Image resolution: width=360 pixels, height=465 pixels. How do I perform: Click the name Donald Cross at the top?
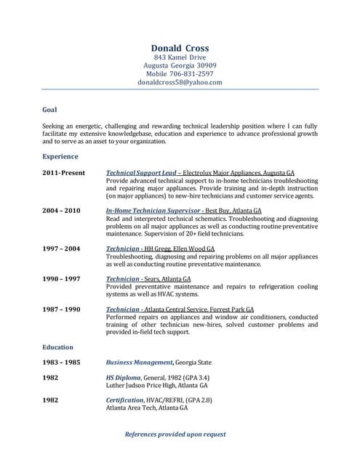pyautogui.click(x=180, y=48)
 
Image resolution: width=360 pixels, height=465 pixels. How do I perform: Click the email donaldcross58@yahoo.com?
pyautogui.click(x=180, y=83)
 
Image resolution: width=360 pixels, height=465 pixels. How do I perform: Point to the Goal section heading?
pyautogui.click(x=49, y=110)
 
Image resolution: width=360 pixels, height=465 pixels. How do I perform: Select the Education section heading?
pyautogui.click(x=57, y=347)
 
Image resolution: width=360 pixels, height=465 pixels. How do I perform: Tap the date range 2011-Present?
pyautogui.click(x=63, y=173)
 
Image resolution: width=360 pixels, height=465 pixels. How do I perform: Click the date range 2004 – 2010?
pyautogui.click(x=61, y=211)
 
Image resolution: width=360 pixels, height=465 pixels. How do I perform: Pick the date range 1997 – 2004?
pyautogui.click(x=61, y=248)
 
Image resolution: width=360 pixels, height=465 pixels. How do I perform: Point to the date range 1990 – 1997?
pyautogui.click(x=61, y=279)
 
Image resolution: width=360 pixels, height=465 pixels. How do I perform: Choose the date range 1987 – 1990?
pyautogui.click(x=61, y=310)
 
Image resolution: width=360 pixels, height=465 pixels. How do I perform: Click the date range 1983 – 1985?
pyautogui.click(x=61, y=362)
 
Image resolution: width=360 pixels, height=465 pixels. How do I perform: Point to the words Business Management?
pyautogui.click(x=140, y=362)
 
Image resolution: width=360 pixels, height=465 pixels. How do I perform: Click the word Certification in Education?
pyautogui.click(x=124, y=400)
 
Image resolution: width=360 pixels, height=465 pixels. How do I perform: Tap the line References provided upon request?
pyautogui.click(x=175, y=434)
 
